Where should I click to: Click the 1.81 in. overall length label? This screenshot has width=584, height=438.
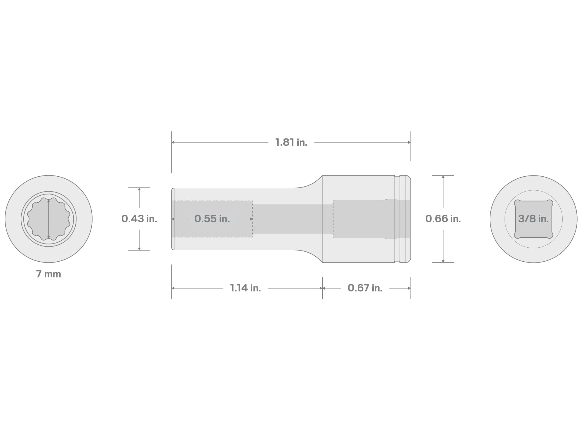[x=291, y=142]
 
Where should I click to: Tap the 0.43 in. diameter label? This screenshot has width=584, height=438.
[x=139, y=219]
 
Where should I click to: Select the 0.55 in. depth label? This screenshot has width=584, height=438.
[x=212, y=219]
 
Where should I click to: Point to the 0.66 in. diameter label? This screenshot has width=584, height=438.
[x=443, y=219]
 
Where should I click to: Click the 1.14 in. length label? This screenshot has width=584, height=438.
[x=245, y=288]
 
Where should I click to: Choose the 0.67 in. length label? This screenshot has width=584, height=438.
[x=365, y=288]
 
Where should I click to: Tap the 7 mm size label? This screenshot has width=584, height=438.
[x=48, y=274]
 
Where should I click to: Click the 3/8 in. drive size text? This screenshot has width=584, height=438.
[x=533, y=219]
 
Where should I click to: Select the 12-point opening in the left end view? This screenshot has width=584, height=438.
[x=48, y=219]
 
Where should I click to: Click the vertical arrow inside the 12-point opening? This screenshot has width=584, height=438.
[x=48, y=219]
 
